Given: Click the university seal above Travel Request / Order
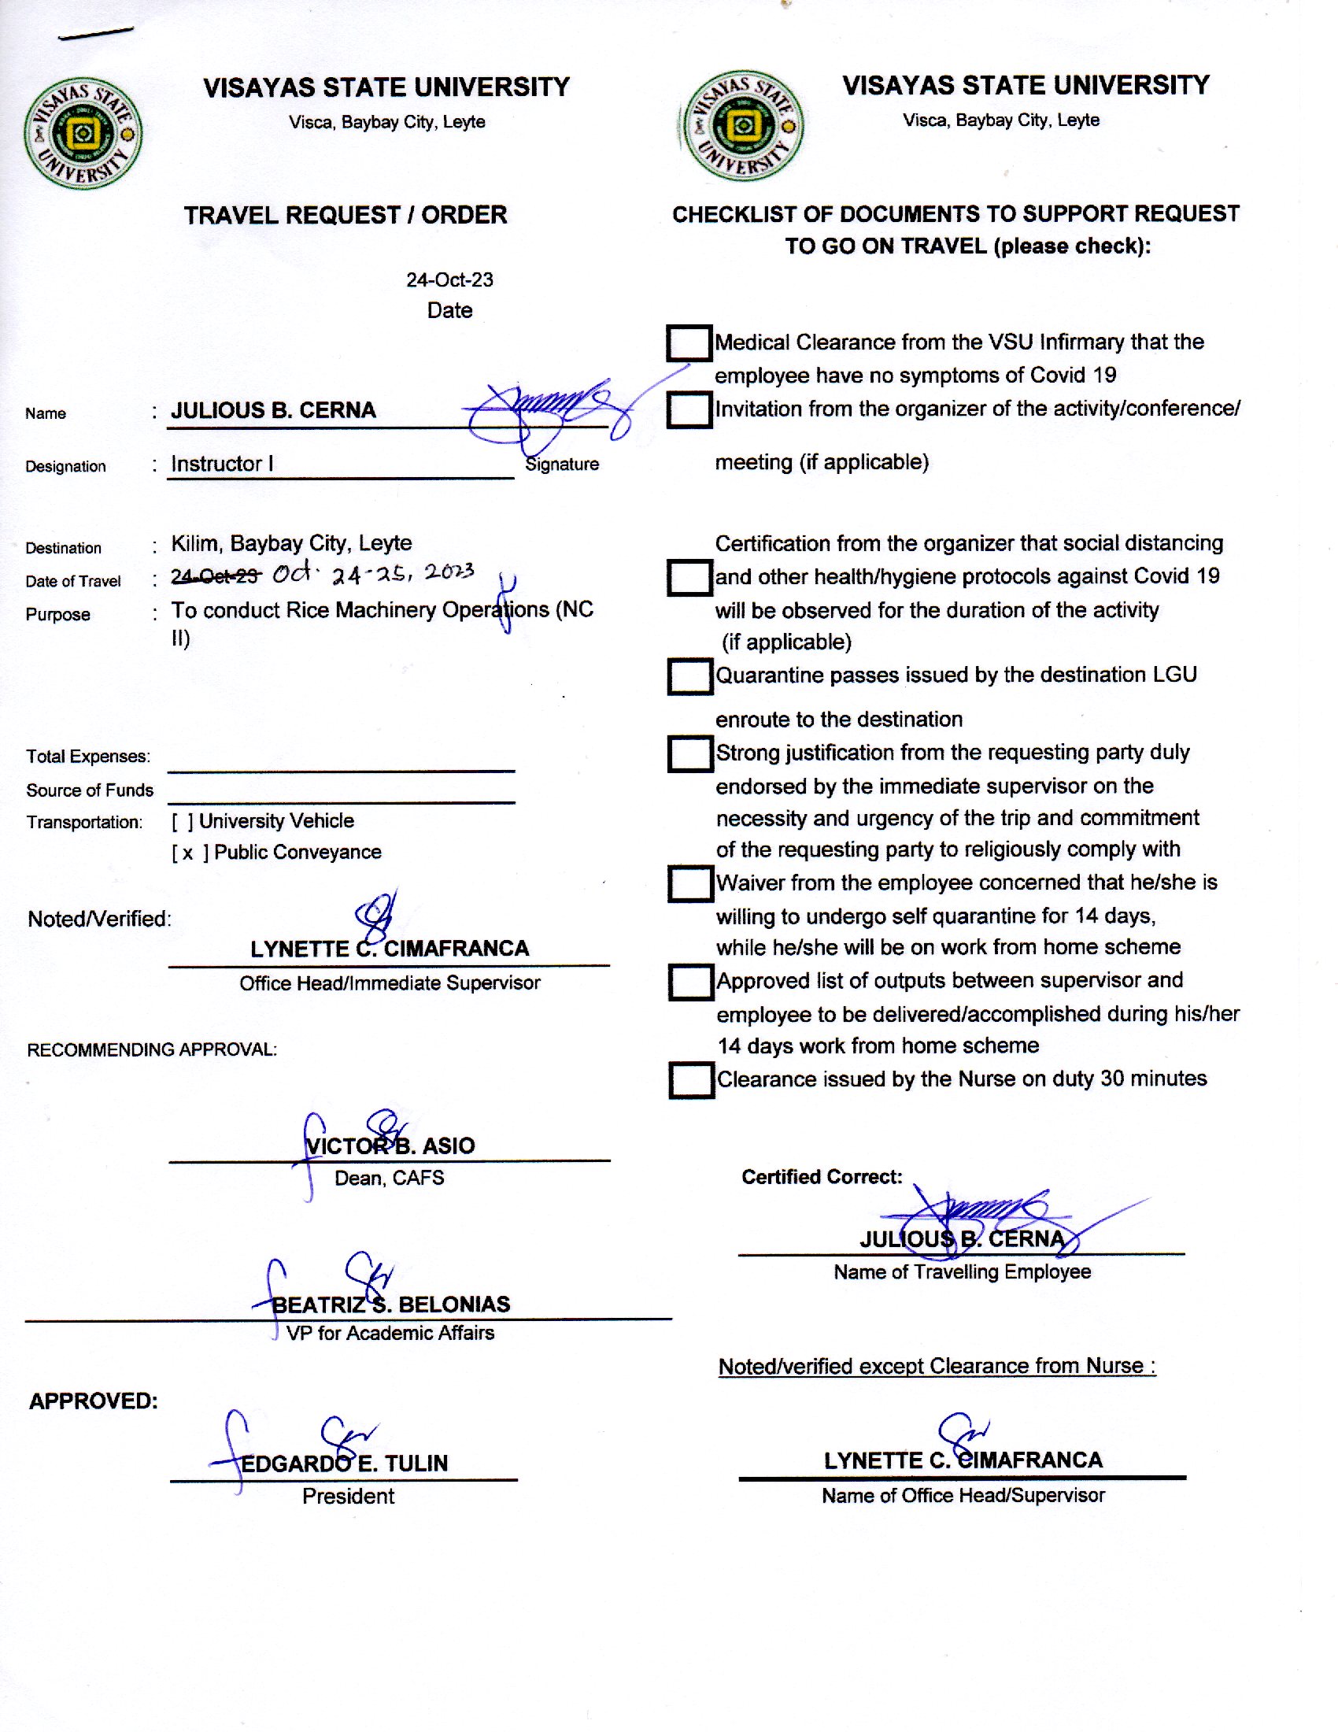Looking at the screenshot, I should click(x=83, y=133).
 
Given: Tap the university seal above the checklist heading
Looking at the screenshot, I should click(x=743, y=125).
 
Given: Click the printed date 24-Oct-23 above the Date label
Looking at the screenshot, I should click(x=449, y=280).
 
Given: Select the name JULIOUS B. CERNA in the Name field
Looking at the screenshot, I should click(x=273, y=411).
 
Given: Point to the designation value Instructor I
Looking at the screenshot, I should click(x=222, y=464).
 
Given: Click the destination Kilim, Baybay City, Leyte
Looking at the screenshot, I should click(x=292, y=543).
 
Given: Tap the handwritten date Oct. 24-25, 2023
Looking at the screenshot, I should click(x=372, y=573).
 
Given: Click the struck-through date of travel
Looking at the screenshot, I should click(x=216, y=576).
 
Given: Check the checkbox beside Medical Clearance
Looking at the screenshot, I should click(x=688, y=343).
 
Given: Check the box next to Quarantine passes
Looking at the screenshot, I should click(x=689, y=676).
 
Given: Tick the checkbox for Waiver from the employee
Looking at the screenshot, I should click(x=689, y=883).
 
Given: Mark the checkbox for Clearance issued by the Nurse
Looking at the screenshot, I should click(x=690, y=1080).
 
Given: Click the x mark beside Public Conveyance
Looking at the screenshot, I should click(x=188, y=853).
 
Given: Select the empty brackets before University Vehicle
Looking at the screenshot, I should click(x=183, y=822).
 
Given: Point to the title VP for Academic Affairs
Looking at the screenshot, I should click(x=390, y=1333).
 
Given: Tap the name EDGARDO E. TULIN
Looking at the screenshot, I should click(x=344, y=1464).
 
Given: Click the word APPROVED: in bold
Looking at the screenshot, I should click(x=94, y=1401).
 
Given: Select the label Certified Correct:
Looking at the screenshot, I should click(x=821, y=1177).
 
